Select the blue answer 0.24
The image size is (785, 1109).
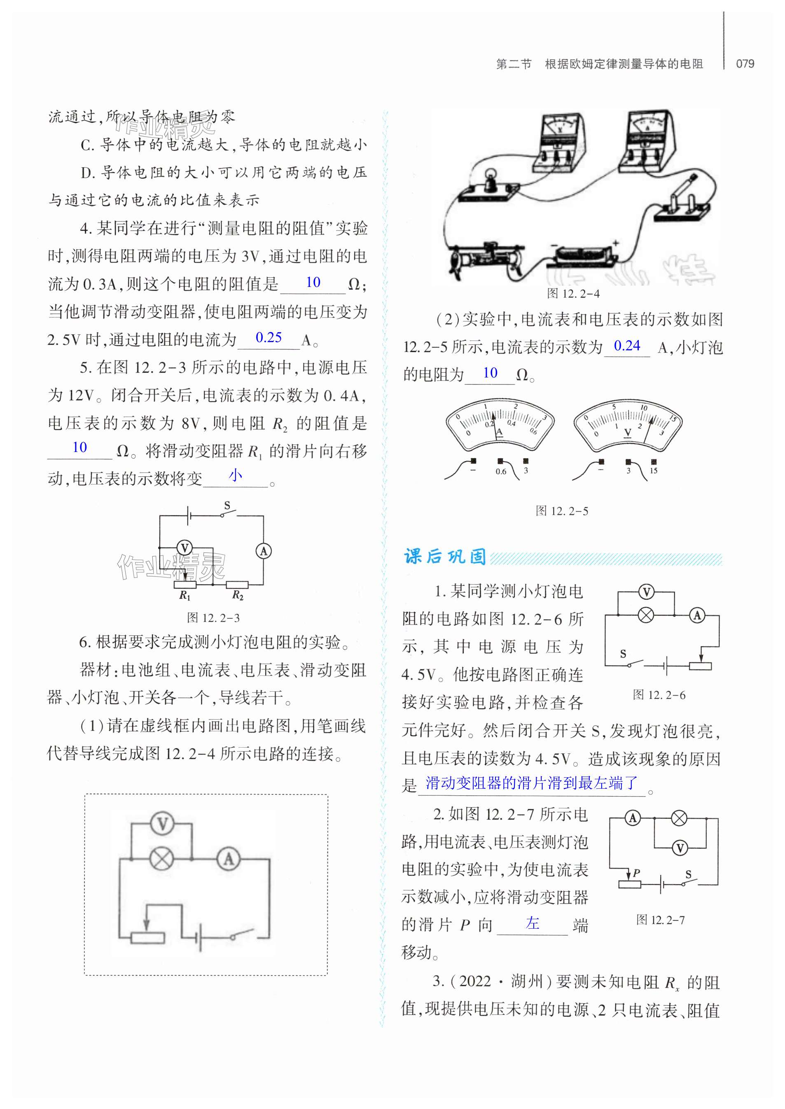(x=626, y=346)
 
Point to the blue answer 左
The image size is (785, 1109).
(x=532, y=923)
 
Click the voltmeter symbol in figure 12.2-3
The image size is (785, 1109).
(x=184, y=548)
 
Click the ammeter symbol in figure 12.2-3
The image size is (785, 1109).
(x=264, y=551)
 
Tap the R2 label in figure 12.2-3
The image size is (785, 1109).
(x=238, y=595)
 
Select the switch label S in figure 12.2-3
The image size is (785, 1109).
(x=227, y=506)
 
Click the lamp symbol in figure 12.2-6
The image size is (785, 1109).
(x=646, y=615)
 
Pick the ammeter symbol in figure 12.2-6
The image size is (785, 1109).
(x=697, y=615)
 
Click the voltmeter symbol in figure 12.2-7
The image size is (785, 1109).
(x=680, y=847)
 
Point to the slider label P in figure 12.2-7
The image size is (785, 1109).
(x=636, y=873)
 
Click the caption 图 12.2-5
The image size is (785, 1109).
(x=562, y=511)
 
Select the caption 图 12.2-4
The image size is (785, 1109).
(x=573, y=293)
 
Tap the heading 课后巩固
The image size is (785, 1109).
(x=445, y=557)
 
